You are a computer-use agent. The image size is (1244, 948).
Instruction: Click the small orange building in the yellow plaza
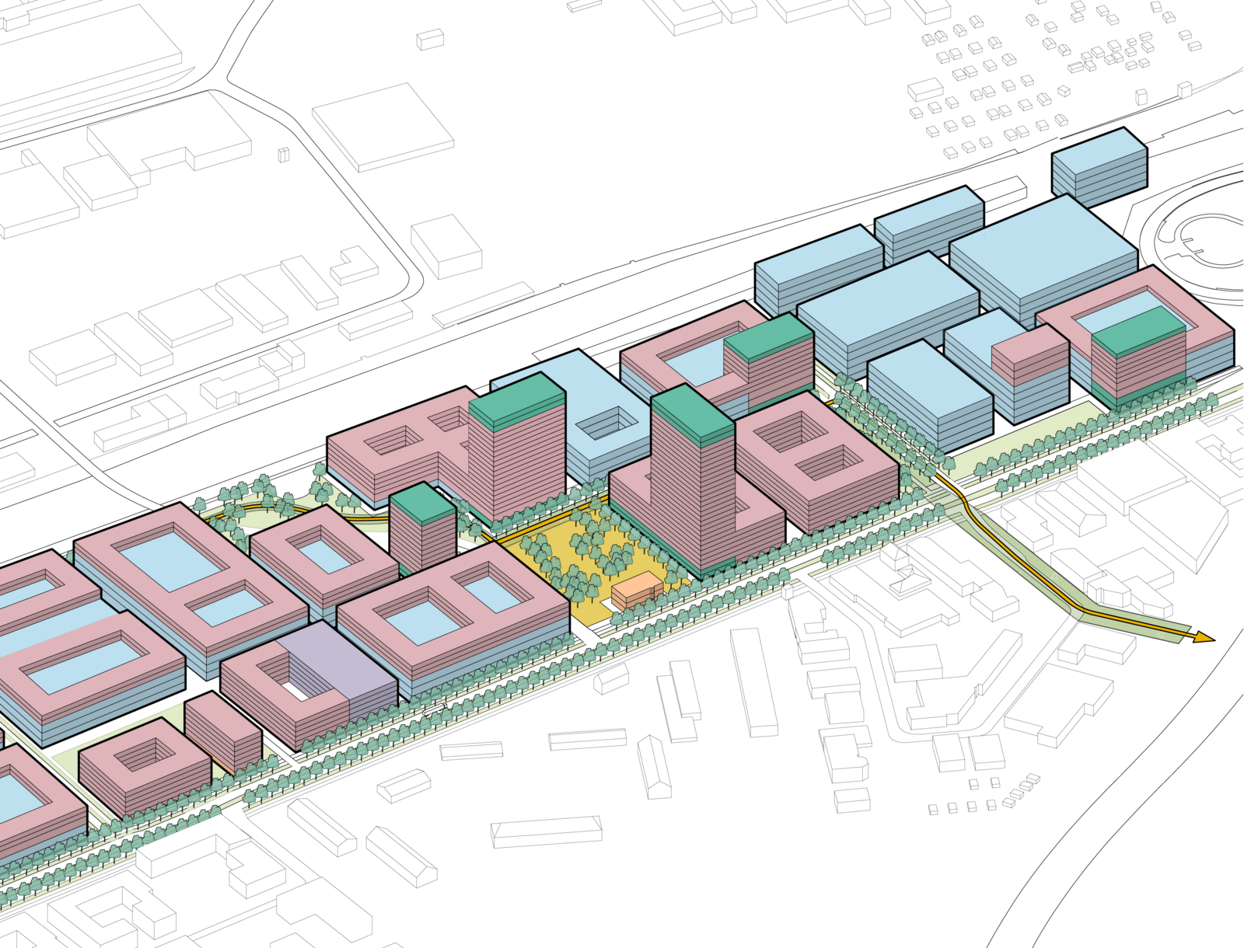[636, 590]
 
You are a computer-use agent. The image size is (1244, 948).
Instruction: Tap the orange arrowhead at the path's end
[1202, 638]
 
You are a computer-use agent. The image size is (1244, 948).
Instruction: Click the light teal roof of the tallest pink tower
[692, 413]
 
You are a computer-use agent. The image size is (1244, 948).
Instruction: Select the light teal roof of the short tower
[421, 500]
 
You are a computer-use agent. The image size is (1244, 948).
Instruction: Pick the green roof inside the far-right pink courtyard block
[1137, 329]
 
